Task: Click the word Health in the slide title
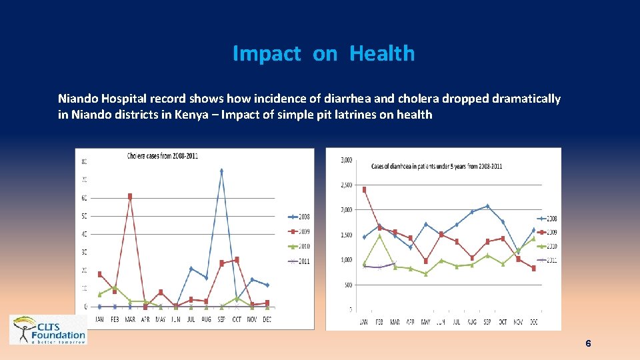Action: pos(381,53)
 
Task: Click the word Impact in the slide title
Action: pos(266,53)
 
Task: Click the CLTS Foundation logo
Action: pos(48,329)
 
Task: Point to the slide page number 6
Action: pos(587,343)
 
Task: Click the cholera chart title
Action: pos(163,155)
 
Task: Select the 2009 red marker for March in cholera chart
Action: pos(130,196)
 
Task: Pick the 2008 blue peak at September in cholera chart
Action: pos(221,171)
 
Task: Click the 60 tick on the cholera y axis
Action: pos(83,198)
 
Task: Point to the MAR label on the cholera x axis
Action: pos(130,319)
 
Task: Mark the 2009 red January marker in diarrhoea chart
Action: pos(364,189)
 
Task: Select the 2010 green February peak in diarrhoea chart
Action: pos(379,235)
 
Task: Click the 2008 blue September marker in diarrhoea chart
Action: pos(487,206)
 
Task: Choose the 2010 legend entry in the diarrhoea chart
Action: pos(548,246)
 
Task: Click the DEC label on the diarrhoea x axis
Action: pos(533,323)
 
